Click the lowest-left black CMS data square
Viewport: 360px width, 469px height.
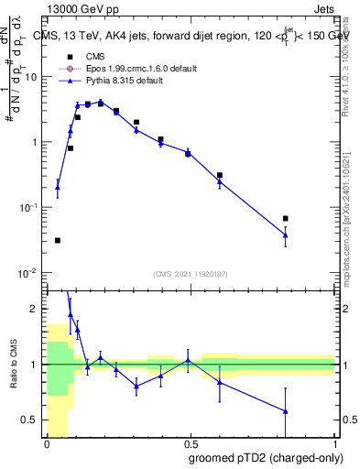pyautogui.click(x=58, y=241)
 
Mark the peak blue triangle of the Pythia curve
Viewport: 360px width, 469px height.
pyautogui.click(x=100, y=102)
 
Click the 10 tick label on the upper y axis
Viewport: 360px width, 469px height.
pyautogui.click(x=32, y=77)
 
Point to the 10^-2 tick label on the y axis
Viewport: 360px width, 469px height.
pyautogui.click(x=28, y=273)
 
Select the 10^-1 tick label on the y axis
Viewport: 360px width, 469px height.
pyautogui.click(x=28, y=208)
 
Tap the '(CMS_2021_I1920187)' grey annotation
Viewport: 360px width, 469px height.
pyautogui.click(x=191, y=274)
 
